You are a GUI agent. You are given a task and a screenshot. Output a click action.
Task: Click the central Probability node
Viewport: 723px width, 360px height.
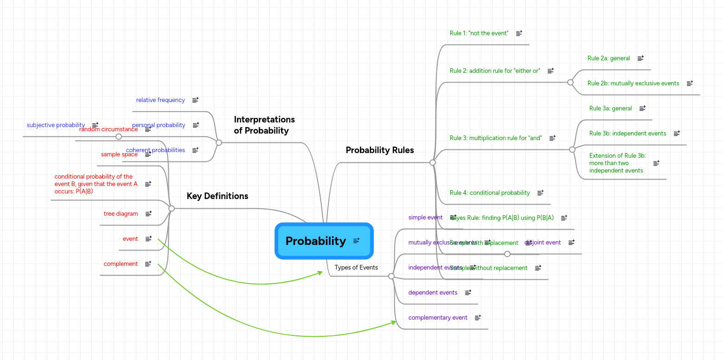pos(316,241)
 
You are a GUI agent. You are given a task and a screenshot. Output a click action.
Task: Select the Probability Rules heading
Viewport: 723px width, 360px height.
pos(379,150)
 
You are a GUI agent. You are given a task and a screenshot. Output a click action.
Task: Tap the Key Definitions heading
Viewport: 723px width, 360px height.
pos(217,196)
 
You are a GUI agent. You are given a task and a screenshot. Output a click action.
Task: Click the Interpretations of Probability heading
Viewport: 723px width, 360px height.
pos(264,125)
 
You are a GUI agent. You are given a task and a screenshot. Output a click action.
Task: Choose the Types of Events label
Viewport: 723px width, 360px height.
pos(356,267)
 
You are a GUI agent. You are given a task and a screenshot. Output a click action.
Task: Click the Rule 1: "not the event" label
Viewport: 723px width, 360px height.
pos(479,33)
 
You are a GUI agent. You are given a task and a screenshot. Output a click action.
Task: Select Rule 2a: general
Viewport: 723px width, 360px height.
pos(608,58)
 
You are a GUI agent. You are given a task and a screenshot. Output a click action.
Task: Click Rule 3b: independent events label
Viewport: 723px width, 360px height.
pos(627,133)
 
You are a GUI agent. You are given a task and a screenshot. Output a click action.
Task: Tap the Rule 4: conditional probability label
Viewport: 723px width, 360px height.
pos(489,193)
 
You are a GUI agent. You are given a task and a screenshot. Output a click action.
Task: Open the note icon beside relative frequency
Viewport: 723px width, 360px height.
pos(195,100)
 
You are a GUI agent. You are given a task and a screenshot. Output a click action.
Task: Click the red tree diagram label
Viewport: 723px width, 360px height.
pos(121,213)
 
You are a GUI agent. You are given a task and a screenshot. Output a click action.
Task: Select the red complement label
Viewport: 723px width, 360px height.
pos(121,264)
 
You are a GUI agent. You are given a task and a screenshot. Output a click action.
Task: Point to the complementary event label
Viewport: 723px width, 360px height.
pos(437,317)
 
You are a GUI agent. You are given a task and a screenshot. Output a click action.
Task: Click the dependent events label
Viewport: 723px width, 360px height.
pos(432,292)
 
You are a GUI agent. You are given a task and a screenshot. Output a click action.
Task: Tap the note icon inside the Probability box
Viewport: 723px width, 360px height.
pos(356,240)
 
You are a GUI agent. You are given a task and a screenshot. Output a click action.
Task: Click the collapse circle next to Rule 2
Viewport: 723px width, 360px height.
pos(570,82)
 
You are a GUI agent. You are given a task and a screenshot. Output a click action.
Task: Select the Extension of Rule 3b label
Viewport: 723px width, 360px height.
pos(617,163)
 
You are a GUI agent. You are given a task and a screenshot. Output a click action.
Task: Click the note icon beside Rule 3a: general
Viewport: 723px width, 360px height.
pos(642,108)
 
